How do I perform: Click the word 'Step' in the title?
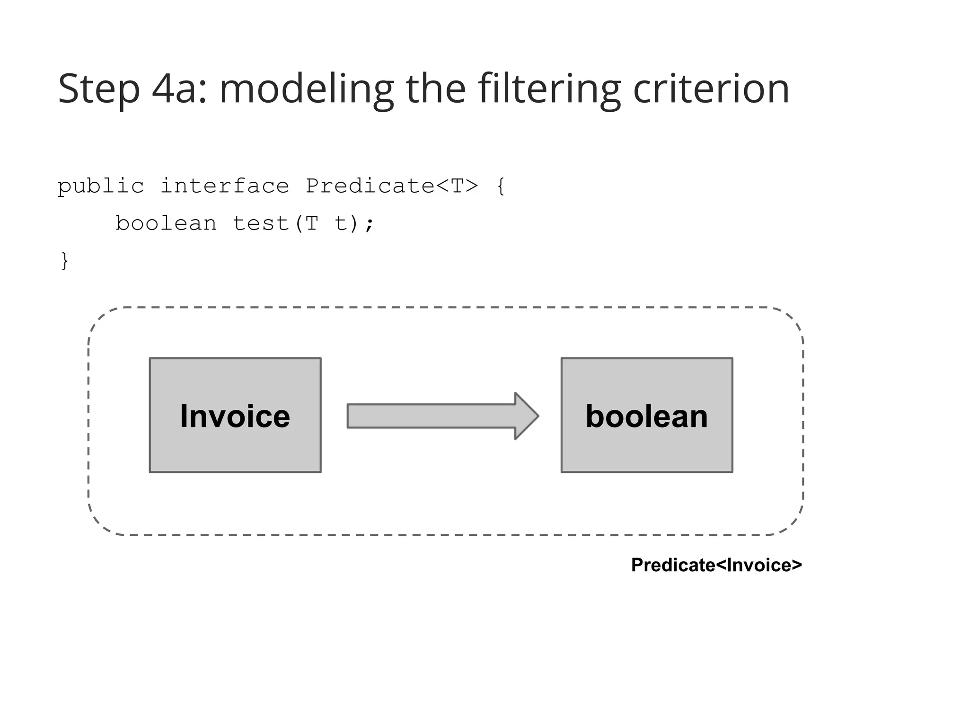click(99, 89)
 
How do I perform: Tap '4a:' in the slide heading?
click(179, 89)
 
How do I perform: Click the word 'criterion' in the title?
click(711, 89)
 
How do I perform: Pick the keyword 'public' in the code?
click(101, 186)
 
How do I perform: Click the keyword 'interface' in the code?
click(225, 186)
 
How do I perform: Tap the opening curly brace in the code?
click(501, 186)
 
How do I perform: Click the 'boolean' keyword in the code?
click(166, 223)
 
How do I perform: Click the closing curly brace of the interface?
click(65, 261)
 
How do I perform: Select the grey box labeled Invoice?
click(235, 415)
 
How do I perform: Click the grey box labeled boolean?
click(647, 415)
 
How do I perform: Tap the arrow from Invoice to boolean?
click(442, 416)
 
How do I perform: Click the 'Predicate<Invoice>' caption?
click(716, 565)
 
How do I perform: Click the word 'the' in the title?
click(436, 89)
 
